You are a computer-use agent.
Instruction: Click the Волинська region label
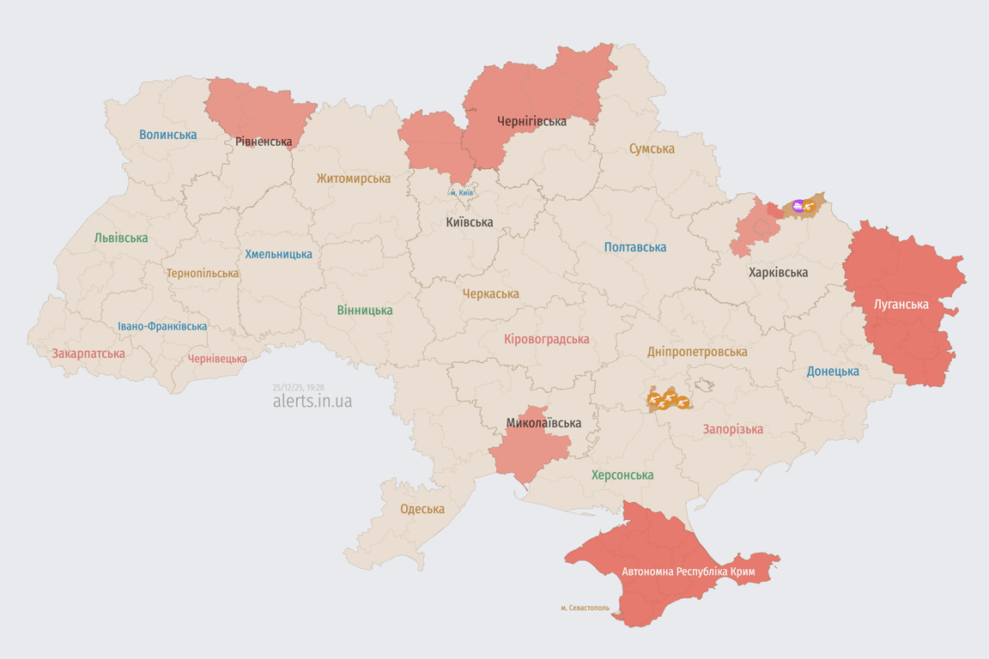(167, 135)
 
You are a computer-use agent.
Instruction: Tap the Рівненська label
(264, 142)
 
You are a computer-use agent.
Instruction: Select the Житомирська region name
(353, 178)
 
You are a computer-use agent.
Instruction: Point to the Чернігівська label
(531, 121)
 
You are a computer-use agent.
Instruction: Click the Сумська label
(651, 148)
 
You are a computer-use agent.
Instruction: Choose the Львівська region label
(121, 238)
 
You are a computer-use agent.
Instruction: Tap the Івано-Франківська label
(162, 326)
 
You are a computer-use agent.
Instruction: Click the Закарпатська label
(88, 354)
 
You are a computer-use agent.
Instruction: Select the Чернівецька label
(217, 359)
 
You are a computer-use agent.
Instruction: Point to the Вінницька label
(365, 310)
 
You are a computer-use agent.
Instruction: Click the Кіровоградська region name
(546, 339)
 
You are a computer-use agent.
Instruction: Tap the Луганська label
(901, 304)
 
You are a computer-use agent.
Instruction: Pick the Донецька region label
(833, 372)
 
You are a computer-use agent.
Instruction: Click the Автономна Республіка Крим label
(688, 571)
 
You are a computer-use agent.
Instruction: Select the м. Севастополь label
(585, 608)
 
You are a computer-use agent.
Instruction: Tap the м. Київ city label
(461, 193)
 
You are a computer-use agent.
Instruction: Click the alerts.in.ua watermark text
(312, 401)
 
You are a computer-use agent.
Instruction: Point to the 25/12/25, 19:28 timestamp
(298, 387)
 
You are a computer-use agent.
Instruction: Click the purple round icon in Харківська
(798, 206)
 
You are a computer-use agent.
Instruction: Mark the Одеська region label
(422, 509)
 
